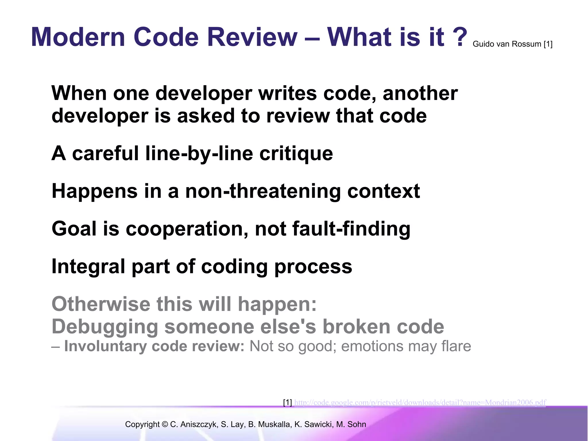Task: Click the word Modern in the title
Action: tap(78, 37)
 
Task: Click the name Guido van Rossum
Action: tap(507, 44)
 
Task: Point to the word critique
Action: tap(296, 154)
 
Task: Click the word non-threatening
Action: tap(263, 191)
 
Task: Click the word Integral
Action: tap(88, 266)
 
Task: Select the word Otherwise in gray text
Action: tap(101, 304)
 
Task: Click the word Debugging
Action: tap(105, 327)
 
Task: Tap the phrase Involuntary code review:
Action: tap(154, 346)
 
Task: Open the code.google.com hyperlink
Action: tap(420, 403)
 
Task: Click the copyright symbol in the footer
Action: tap(165, 424)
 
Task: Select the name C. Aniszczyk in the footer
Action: tap(194, 424)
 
